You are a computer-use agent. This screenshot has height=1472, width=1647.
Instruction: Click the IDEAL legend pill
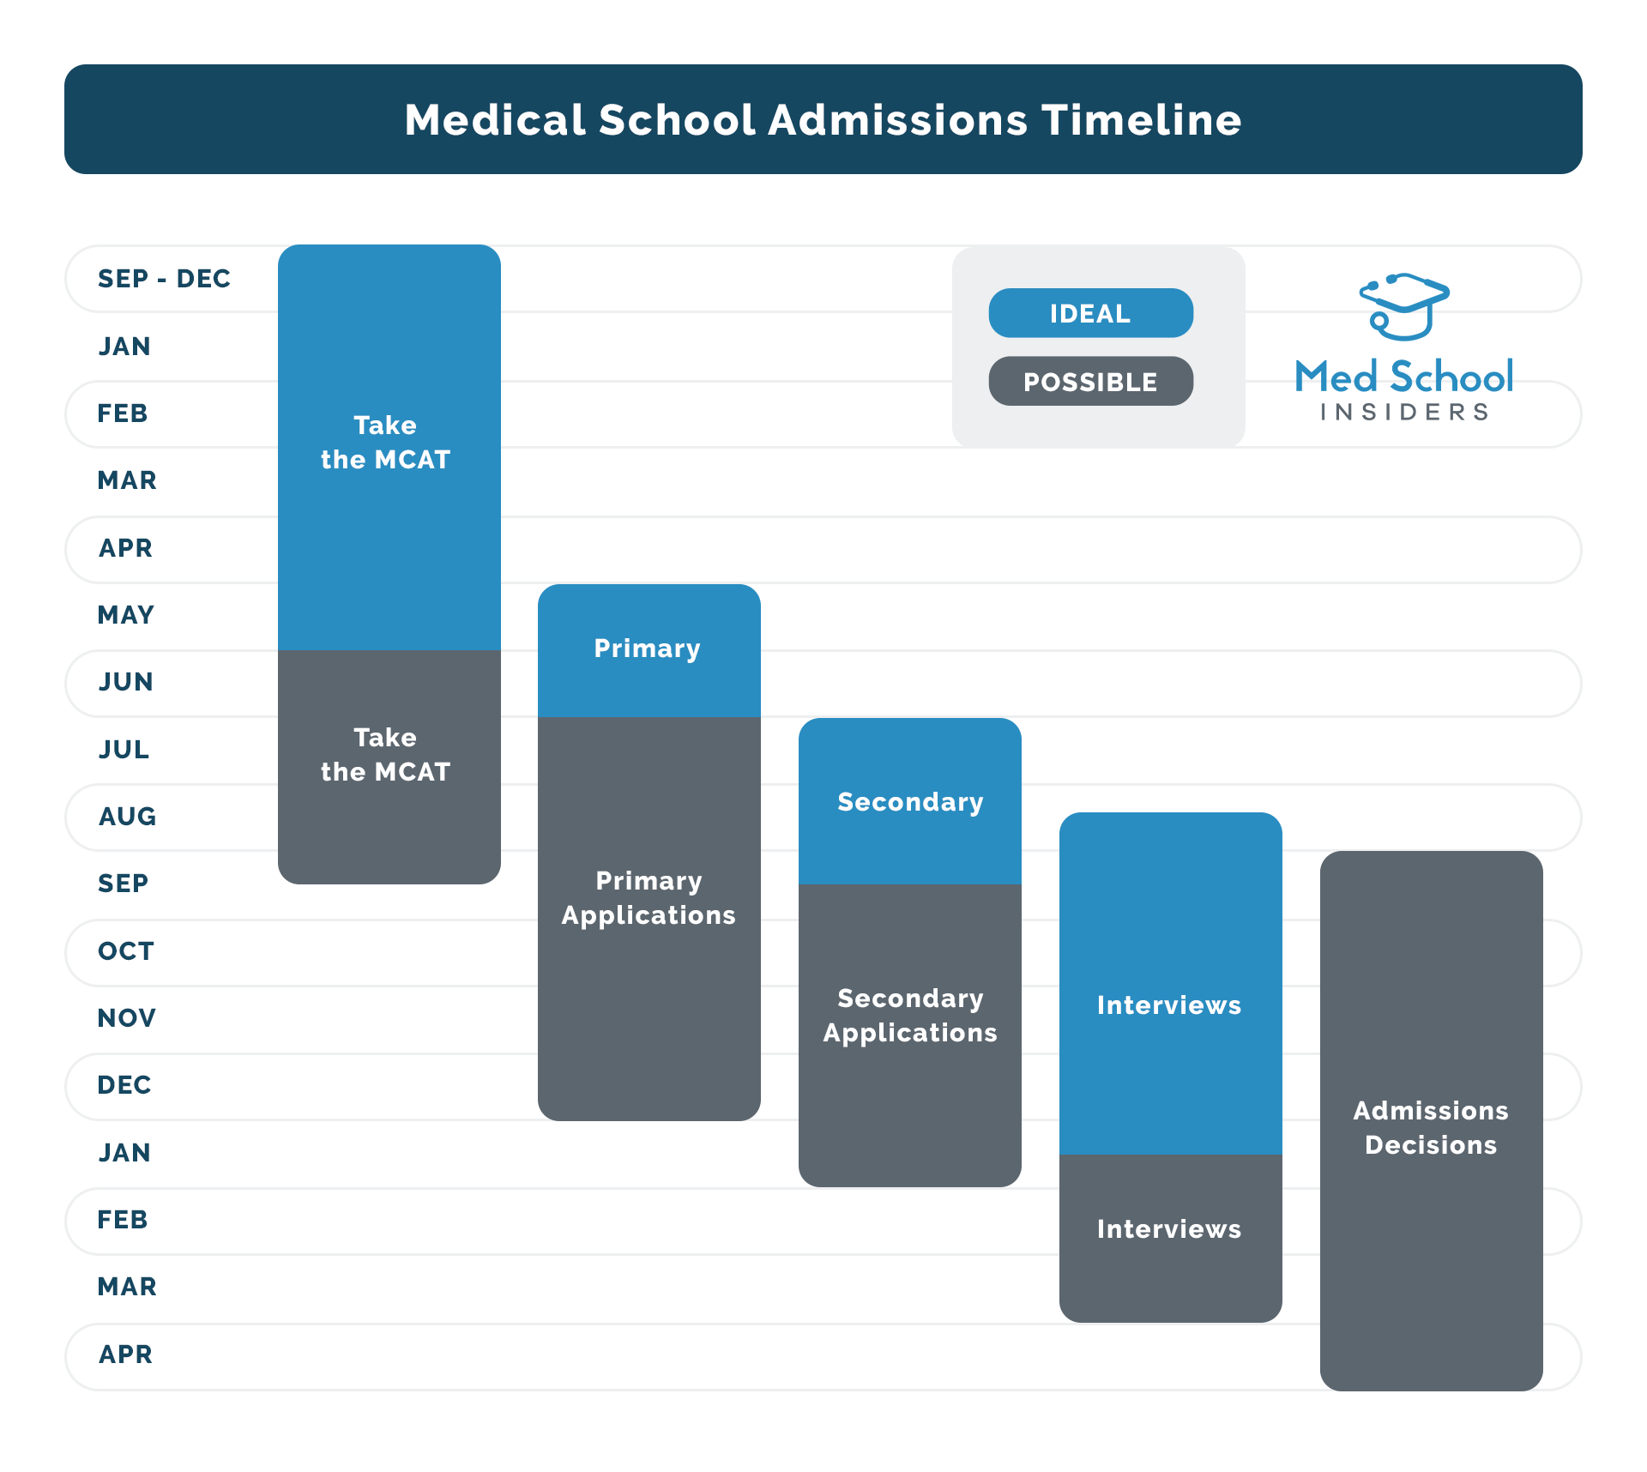tap(1090, 313)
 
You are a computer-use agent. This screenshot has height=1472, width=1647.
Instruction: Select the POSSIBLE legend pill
tap(1090, 382)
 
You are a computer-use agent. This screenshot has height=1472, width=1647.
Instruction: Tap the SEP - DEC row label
tap(164, 279)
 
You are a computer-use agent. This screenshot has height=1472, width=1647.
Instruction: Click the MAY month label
tap(126, 615)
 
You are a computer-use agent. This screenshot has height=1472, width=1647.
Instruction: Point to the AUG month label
tap(128, 817)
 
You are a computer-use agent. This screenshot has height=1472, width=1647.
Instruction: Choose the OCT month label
tap(126, 951)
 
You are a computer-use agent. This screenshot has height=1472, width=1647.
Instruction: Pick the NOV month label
tap(127, 1018)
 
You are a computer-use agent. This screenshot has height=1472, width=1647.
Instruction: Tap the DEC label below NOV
tap(124, 1085)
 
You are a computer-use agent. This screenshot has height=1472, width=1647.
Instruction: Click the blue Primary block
tap(649, 649)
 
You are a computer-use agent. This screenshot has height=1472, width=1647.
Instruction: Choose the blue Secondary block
tap(909, 802)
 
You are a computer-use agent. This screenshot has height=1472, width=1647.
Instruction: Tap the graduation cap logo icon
tap(1403, 306)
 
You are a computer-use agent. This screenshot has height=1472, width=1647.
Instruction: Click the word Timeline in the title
tap(1142, 120)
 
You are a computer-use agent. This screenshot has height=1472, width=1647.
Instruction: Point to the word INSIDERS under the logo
tap(1404, 413)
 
